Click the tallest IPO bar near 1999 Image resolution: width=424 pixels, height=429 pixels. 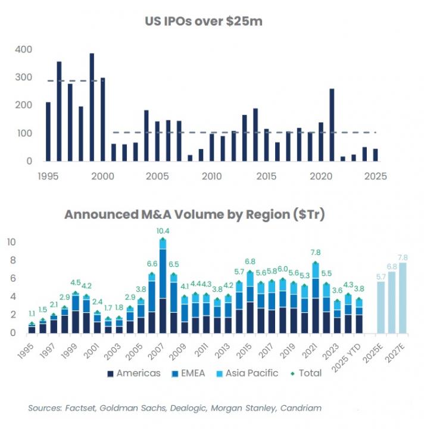tap(92, 107)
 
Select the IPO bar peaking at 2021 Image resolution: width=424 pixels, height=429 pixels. tap(331, 125)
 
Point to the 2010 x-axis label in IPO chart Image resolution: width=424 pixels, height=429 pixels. tap(210, 176)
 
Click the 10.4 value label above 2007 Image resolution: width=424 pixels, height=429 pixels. tap(162, 231)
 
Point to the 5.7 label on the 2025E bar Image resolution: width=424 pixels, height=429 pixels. tap(381, 276)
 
